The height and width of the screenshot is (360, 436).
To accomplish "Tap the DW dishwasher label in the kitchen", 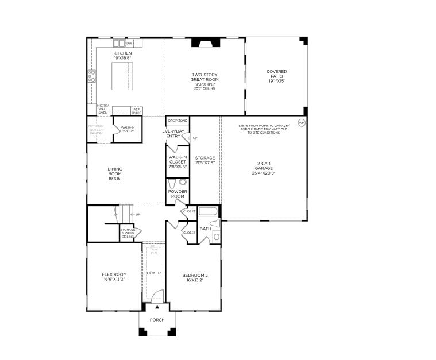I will click(x=129, y=43).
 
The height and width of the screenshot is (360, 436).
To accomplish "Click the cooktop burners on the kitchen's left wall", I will click(x=91, y=76).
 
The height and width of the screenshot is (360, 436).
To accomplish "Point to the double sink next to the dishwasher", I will click(x=119, y=43).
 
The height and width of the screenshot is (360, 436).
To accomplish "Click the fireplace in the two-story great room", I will click(x=205, y=41).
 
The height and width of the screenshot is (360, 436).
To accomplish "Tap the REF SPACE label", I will click(x=137, y=110).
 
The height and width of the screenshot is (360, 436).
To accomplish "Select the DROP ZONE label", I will click(x=178, y=121).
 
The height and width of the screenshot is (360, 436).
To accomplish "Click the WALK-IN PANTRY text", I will click(x=128, y=129).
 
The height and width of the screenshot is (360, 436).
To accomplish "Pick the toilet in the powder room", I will click(x=183, y=182).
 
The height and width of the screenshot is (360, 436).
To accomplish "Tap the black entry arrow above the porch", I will click(x=157, y=307).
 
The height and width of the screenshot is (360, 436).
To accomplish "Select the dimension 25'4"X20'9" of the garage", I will click(x=264, y=173).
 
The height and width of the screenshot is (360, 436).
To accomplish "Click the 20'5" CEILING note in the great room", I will click(x=205, y=88).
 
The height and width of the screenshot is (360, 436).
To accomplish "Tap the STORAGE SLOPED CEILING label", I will click(x=128, y=233).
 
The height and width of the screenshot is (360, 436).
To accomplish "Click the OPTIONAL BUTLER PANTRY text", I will click(x=96, y=129).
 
